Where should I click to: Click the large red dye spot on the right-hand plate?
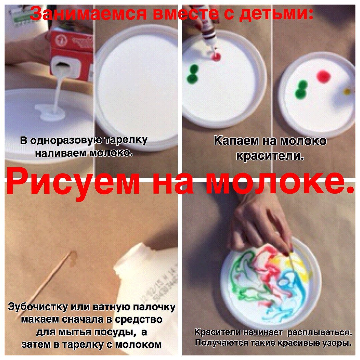(323, 76)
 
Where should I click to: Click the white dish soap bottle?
(147, 273)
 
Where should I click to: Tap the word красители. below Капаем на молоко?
(270, 155)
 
